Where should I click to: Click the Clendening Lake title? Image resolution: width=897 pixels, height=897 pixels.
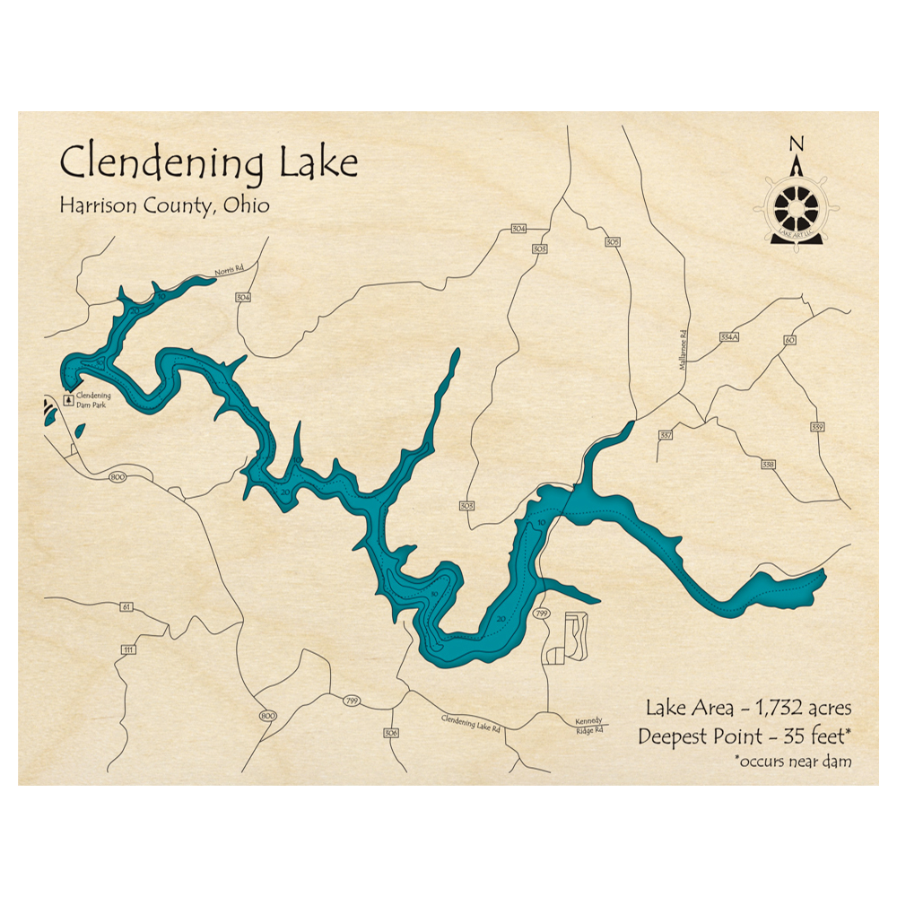pyautogui.click(x=208, y=163)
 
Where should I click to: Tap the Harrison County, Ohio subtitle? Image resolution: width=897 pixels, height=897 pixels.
pyautogui.click(x=164, y=205)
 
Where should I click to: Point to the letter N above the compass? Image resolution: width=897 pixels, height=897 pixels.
pyautogui.click(x=795, y=144)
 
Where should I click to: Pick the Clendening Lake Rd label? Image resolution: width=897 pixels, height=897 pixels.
pyautogui.click(x=470, y=725)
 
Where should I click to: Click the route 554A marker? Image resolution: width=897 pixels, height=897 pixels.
pyautogui.click(x=727, y=337)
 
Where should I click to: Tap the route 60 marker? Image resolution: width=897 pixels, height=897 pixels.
pyautogui.click(x=789, y=340)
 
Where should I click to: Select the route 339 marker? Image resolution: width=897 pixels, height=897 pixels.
pyautogui.click(x=816, y=426)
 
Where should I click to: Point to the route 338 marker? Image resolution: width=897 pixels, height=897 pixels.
pyautogui.click(x=768, y=465)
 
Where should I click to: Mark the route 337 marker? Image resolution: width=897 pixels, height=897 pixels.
pyautogui.click(x=666, y=435)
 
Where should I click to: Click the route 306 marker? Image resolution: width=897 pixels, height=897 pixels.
pyautogui.click(x=390, y=733)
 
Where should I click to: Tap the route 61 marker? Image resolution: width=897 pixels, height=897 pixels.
pyautogui.click(x=126, y=607)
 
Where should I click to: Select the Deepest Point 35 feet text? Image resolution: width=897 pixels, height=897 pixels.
pyautogui.click(x=744, y=737)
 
